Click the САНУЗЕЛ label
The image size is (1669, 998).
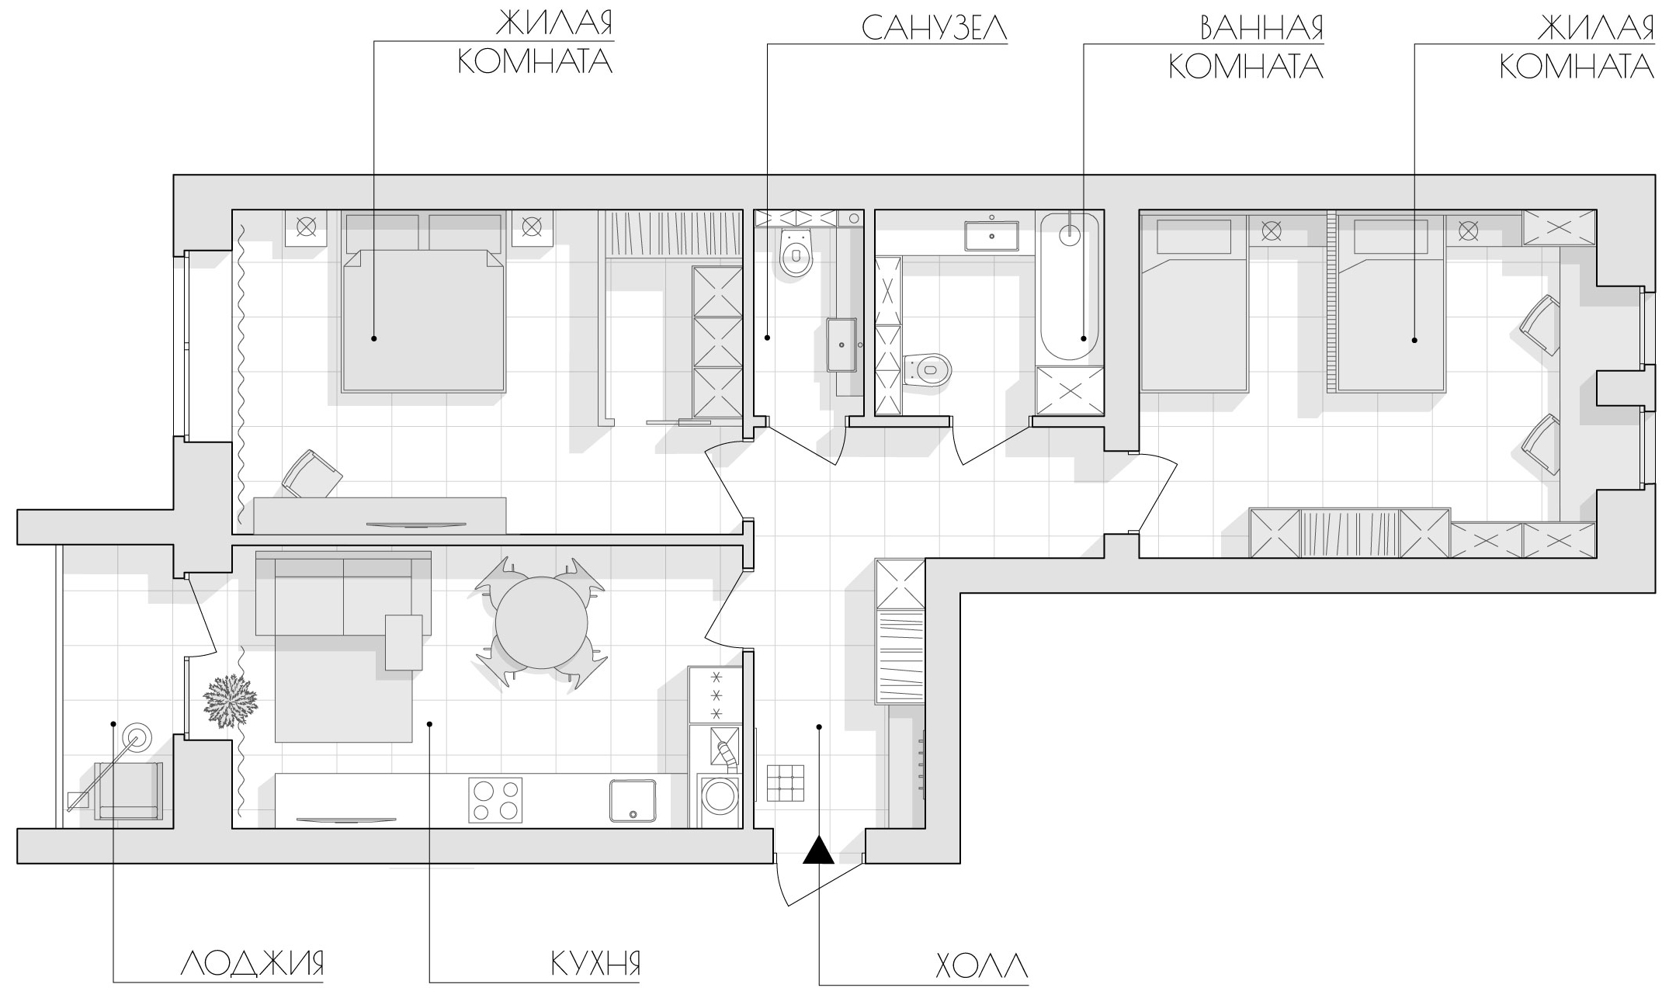pos(935,28)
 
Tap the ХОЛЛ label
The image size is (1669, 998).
pos(982,966)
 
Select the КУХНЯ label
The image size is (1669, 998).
pos(595,964)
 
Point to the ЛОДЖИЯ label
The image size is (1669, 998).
pos(252,964)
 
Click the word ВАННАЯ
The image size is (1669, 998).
pos(1261,28)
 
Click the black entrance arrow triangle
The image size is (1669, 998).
pos(818,850)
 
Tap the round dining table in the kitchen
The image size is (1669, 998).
pos(541,623)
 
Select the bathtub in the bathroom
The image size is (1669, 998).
pos(1070,286)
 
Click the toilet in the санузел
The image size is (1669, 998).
pos(796,253)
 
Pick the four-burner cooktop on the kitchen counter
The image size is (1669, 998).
pos(495,800)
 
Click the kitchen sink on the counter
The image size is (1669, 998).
pos(633,800)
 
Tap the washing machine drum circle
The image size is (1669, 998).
pos(720,799)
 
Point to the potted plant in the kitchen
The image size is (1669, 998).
pos(230,701)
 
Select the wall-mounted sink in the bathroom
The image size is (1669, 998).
pos(992,235)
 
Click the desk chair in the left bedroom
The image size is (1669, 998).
pos(311,473)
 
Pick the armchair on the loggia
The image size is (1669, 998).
pos(129,791)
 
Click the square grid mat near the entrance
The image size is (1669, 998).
pos(786,783)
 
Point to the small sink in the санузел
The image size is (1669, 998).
pos(842,345)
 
